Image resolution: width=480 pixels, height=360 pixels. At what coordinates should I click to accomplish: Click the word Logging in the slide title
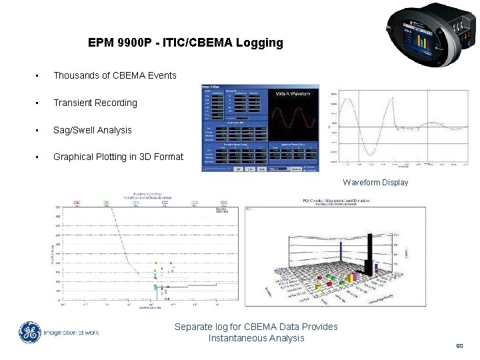click(x=260, y=43)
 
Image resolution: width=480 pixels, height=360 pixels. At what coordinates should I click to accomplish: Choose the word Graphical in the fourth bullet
click(x=75, y=157)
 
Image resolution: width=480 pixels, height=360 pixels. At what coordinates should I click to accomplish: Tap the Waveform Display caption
click(x=375, y=182)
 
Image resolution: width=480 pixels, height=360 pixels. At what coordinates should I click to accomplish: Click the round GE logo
click(x=29, y=332)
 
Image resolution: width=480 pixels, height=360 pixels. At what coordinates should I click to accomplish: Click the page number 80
click(x=459, y=346)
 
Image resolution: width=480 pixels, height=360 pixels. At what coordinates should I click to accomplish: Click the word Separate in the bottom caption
click(x=194, y=327)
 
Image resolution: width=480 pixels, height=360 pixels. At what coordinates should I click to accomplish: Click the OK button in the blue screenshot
click(x=238, y=169)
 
